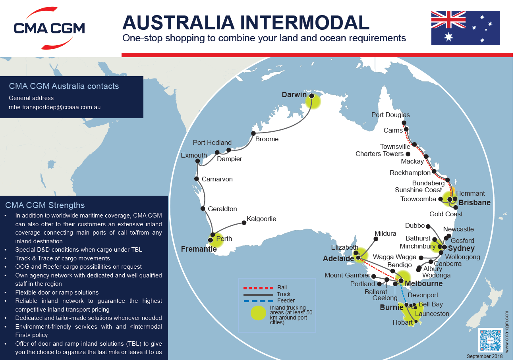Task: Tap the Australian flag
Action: click(466, 28)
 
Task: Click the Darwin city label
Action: click(294, 95)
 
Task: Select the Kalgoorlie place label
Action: click(261, 219)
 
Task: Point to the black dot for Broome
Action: click(253, 133)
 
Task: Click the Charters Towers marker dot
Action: click(408, 154)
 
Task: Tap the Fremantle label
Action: click(199, 249)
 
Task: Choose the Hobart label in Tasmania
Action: click(403, 322)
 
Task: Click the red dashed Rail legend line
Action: click(258, 288)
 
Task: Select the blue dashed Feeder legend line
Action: click(258, 301)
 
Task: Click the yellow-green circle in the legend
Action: click(258, 313)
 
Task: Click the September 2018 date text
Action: click(485, 356)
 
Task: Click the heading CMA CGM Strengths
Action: click(45, 205)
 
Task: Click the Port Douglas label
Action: click(390, 115)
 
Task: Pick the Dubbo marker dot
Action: click(428, 226)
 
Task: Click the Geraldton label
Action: click(222, 209)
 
